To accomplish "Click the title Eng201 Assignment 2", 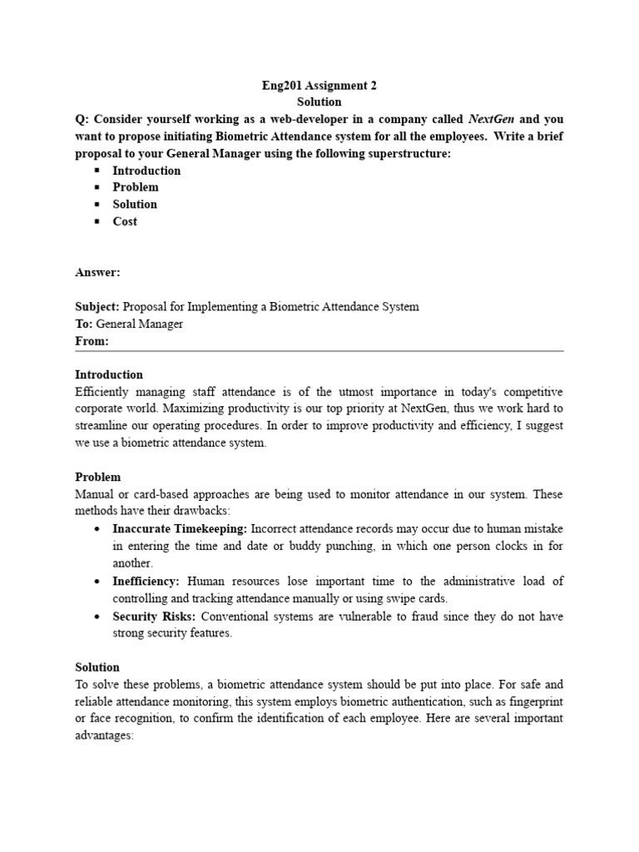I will click(x=319, y=85).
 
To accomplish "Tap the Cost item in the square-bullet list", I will click(x=125, y=221).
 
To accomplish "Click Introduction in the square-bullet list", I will click(x=146, y=171).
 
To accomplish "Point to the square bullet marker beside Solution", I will click(x=97, y=205).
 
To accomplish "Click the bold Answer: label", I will click(x=97, y=272).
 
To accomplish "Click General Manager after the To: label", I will click(x=140, y=324).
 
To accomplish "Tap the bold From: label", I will click(x=92, y=341).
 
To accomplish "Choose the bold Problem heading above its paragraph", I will click(x=98, y=477).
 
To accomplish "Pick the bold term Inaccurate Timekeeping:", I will click(x=180, y=528).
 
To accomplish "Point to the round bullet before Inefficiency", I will click(x=97, y=581).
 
